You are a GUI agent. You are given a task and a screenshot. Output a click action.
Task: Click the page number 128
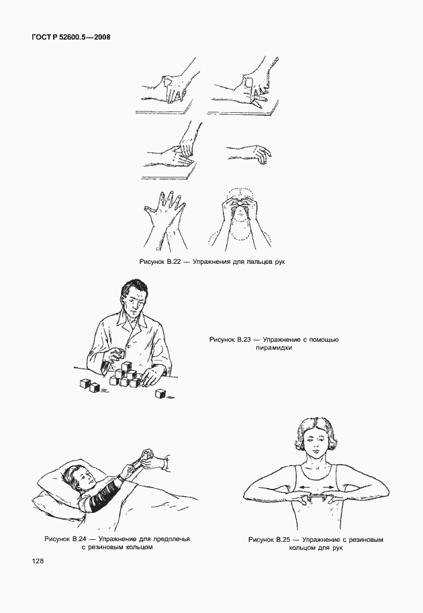pyautogui.click(x=38, y=561)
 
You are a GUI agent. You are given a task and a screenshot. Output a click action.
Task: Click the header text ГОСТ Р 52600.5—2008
pyautogui.click(x=70, y=38)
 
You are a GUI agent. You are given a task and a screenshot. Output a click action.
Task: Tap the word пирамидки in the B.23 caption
pyautogui.click(x=274, y=348)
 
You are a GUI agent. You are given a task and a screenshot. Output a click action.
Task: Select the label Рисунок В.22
pyautogui.click(x=160, y=262)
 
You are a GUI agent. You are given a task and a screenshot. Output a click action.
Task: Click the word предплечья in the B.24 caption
pyautogui.click(x=171, y=539)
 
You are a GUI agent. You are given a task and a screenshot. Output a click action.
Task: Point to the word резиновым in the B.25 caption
pyautogui.click(x=365, y=540)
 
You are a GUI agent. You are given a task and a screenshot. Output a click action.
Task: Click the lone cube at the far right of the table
pyautogui.click(x=160, y=393)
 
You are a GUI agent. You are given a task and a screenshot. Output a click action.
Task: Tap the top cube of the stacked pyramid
pyautogui.click(x=126, y=367)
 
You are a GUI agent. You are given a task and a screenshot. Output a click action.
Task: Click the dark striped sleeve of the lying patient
pyautogui.click(x=101, y=493)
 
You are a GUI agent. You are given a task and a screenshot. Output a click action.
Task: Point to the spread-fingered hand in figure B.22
pyautogui.click(x=164, y=210)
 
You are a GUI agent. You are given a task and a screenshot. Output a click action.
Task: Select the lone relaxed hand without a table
pyautogui.click(x=249, y=152)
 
